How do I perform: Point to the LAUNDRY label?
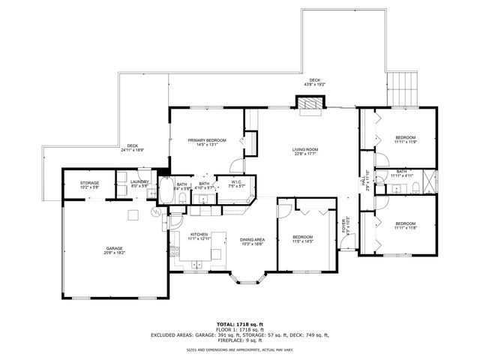(x=139, y=181)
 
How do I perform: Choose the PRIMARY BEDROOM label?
(x=205, y=140)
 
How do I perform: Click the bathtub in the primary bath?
(x=166, y=190)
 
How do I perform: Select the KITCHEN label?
(x=199, y=235)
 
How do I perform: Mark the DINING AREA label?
(x=253, y=239)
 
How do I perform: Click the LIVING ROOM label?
(x=305, y=149)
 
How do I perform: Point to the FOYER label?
(x=344, y=226)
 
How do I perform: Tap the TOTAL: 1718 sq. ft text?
(x=240, y=323)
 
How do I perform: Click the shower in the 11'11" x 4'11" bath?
(x=428, y=181)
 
